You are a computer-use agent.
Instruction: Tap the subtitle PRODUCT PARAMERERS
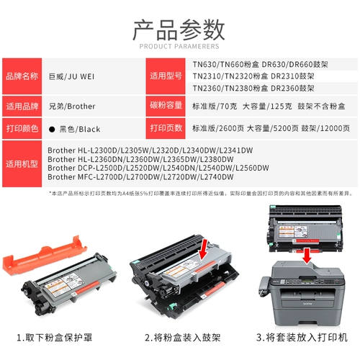[179, 48]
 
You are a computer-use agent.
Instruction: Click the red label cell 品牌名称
[23, 76]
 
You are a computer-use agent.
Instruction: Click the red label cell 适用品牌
[23, 106]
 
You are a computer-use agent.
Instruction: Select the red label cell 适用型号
[167, 76]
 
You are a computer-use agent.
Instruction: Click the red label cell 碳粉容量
[167, 106]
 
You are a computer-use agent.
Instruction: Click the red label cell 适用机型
[23, 164]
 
